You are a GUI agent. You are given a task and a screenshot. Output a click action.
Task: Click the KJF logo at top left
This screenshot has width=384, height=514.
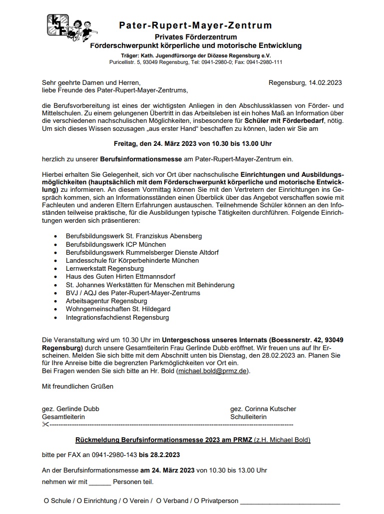(x=55, y=24)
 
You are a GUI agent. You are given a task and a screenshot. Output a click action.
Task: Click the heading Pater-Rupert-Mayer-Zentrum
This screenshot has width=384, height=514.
(x=195, y=25)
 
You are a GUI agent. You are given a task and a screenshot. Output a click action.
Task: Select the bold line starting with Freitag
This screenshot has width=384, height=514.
(x=192, y=143)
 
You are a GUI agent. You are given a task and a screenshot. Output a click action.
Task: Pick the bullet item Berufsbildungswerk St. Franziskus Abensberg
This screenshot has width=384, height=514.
(x=134, y=236)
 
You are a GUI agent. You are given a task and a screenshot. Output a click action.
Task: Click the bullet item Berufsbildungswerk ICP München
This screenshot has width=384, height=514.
(x=116, y=244)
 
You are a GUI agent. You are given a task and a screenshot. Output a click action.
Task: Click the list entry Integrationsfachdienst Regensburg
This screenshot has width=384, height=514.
(x=117, y=317)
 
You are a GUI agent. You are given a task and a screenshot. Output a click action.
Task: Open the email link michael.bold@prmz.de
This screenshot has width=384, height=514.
(x=212, y=371)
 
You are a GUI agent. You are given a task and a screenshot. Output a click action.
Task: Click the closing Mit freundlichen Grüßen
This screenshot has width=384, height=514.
(x=77, y=386)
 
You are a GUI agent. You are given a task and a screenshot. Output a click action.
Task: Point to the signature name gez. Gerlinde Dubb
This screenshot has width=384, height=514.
(x=70, y=409)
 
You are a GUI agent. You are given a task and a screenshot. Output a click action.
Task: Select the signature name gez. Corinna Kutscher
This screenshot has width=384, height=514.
(x=263, y=409)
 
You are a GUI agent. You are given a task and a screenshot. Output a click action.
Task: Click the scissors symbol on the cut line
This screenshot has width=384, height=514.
(x=45, y=425)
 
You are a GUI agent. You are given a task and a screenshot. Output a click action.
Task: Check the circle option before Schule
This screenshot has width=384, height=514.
(x=46, y=501)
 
